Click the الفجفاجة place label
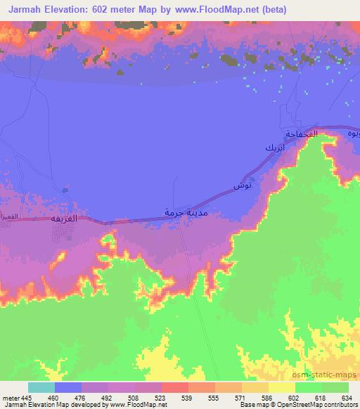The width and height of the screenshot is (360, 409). pyautogui.click(x=302, y=134)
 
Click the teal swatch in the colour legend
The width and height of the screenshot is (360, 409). pyautogui.click(x=41, y=387)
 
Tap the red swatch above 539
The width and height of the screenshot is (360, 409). pyautogui.click(x=175, y=387)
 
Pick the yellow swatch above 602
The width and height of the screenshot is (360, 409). pyautogui.click(x=282, y=387)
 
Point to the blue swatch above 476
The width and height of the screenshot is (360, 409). pyautogui.click(x=68, y=387)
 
